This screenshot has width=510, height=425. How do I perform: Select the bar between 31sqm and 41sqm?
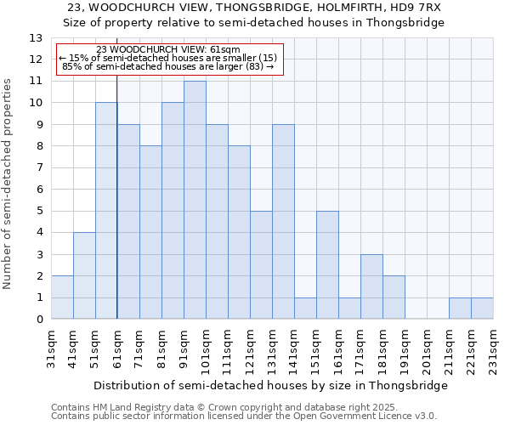point(62,297)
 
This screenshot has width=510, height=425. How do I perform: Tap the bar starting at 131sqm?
point(283,222)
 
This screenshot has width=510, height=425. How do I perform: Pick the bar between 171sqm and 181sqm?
point(371,286)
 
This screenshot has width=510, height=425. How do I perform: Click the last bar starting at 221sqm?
point(482,309)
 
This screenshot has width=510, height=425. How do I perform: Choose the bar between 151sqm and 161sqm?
point(327,265)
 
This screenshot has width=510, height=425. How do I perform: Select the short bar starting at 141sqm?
point(305,309)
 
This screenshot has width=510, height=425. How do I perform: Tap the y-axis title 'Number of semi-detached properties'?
point(8,183)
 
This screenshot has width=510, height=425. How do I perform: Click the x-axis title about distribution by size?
point(270,385)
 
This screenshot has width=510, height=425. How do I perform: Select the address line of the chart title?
point(255,7)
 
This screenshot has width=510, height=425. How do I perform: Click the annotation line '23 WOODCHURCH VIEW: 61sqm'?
point(168,49)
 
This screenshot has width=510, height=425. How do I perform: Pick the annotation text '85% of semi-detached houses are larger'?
point(168,66)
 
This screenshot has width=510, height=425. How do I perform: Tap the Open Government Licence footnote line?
point(244,416)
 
